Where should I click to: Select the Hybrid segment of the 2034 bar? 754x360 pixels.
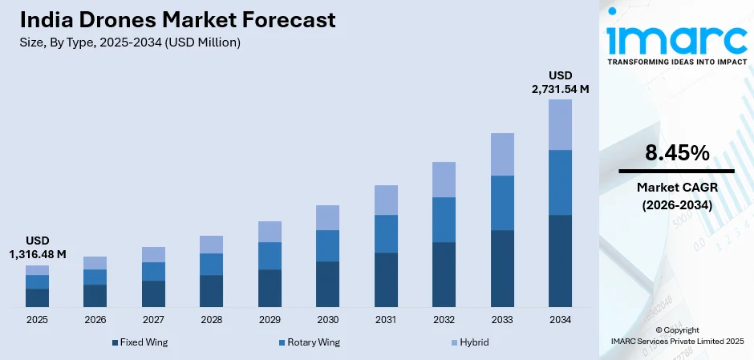tap(560, 124)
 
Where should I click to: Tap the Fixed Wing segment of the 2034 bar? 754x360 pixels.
tap(560, 261)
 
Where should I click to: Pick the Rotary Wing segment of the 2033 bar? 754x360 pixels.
tap(502, 202)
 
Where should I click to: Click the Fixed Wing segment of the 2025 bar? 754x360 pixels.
tap(37, 297)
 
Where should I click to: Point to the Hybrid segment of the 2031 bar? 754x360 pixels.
tap(386, 200)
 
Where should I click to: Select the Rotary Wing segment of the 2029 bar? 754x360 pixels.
tap(270, 255)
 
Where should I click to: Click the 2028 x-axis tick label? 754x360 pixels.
tap(211, 320)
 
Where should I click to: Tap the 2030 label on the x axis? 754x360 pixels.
tap(327, 320)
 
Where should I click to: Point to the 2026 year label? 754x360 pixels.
tap(95, 320)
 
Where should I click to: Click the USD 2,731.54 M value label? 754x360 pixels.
tap(560, 82)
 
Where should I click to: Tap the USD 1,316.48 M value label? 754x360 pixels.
tap(37, 247)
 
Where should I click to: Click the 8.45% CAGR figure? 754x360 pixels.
tap(676, 152)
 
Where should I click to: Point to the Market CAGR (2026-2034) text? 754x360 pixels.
tap(676, 196)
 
